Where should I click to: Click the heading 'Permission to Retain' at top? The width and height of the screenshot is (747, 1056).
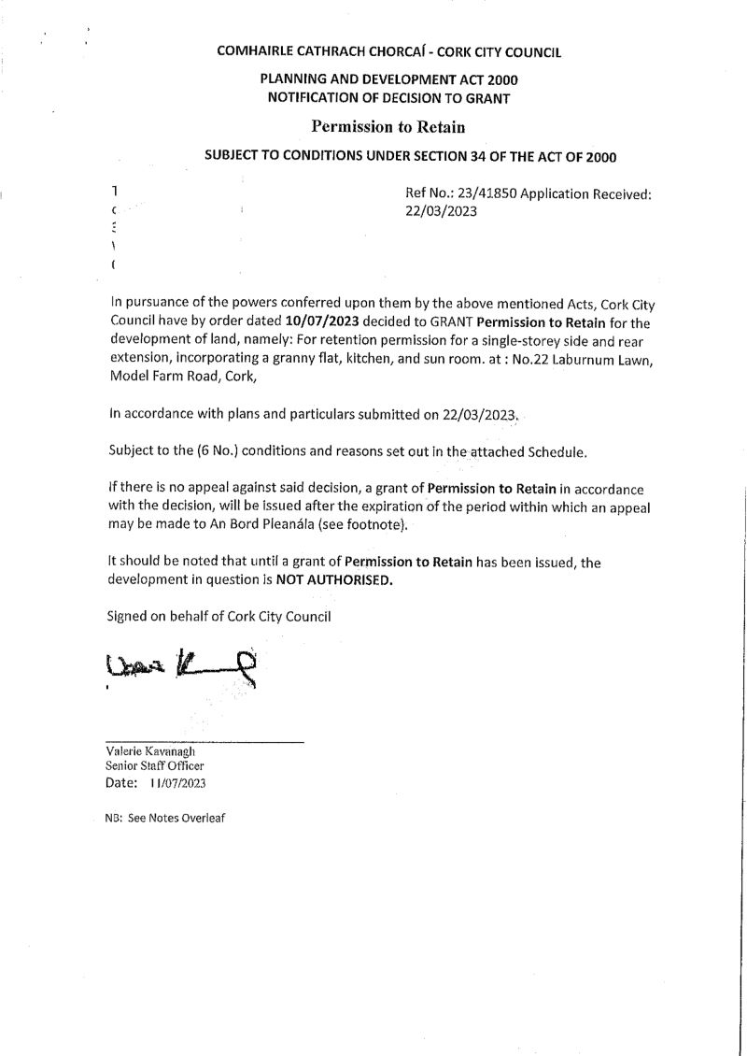388,126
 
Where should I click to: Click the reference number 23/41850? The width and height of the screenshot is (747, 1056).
486,194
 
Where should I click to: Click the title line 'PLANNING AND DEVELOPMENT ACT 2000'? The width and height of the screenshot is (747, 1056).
388,81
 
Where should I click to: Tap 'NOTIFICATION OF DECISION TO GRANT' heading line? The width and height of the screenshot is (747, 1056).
388,98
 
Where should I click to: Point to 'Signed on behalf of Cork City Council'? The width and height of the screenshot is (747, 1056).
219,616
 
